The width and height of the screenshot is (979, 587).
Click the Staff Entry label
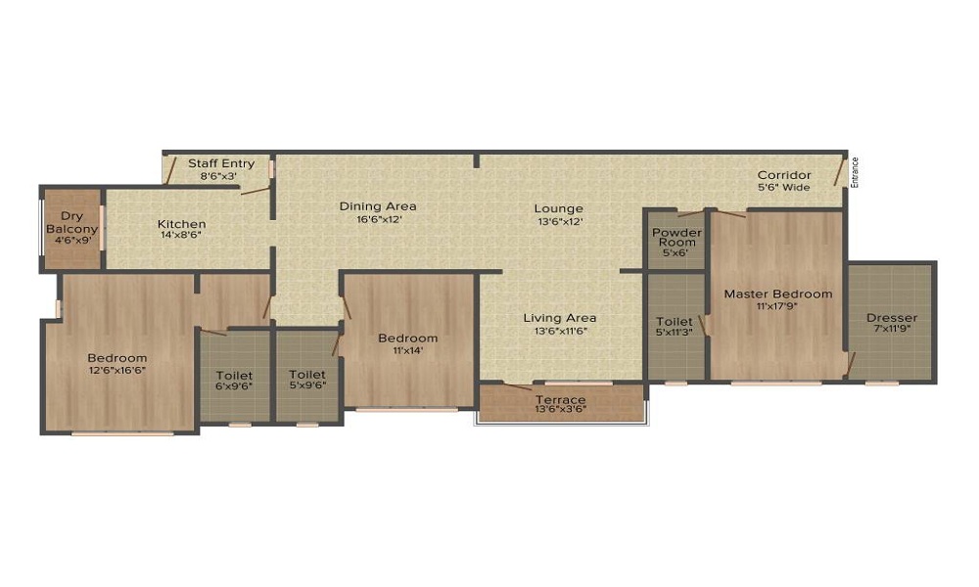221,163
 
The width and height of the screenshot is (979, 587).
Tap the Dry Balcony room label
71,222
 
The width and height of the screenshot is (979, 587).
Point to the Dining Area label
378,205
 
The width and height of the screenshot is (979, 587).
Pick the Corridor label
784,175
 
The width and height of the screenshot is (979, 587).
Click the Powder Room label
676,238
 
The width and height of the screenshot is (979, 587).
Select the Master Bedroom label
777,293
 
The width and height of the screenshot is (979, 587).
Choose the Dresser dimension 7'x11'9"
892,330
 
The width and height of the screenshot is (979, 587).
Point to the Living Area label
559,318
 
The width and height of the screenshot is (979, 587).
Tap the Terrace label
560,400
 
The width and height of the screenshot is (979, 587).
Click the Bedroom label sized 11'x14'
407,339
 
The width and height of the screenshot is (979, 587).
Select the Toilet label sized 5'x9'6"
307,375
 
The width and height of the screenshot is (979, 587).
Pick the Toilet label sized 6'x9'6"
234,376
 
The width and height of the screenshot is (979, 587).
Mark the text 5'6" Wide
784,187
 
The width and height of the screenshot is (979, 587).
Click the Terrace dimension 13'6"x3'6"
560,411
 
